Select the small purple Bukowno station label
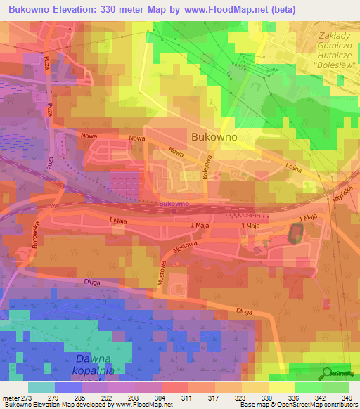(173, 204)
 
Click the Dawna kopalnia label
(96, 364)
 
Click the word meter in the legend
(11, 397)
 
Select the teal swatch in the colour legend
(41, 387)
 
